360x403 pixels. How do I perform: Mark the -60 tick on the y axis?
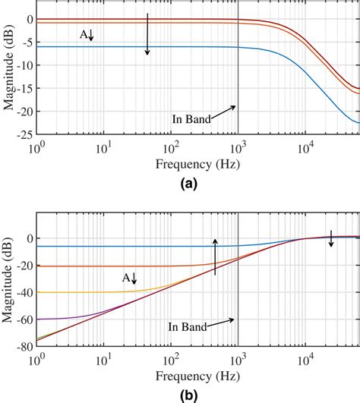[24, 319]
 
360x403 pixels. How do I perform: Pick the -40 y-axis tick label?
[24, 292]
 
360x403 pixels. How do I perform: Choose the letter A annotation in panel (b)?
[127, 279]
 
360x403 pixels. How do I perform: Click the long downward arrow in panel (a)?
[148, 34]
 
